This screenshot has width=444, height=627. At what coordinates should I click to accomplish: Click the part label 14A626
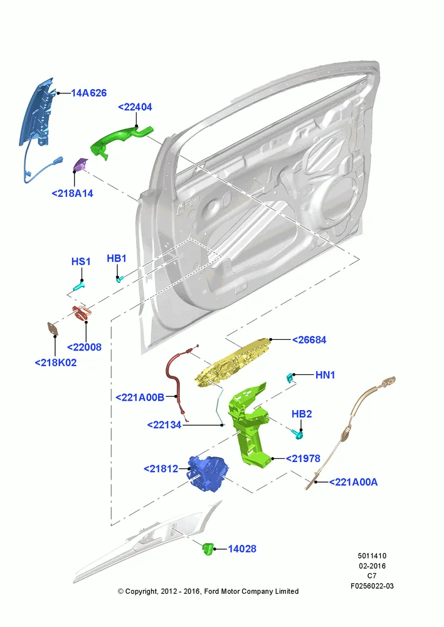89,93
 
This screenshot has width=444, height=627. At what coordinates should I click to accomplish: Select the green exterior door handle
120,140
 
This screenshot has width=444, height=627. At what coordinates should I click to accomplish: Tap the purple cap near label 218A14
81,164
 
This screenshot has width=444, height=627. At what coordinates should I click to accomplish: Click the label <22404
135,107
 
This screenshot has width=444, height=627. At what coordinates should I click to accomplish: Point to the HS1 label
81,261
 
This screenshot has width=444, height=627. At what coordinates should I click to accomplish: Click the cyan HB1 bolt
120,279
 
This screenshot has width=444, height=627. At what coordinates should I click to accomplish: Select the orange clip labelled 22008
82,313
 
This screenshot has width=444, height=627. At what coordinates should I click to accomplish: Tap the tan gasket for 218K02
53,329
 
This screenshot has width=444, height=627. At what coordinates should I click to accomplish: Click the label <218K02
56,362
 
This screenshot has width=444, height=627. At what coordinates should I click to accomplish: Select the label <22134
164,424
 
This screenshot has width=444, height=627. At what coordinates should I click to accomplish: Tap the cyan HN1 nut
290,376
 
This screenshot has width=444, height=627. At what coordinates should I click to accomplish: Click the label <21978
303,459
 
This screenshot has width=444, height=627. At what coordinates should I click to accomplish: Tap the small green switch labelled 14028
208,549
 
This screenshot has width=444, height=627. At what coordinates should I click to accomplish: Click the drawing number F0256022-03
372,586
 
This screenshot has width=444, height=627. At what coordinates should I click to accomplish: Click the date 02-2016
372,566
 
